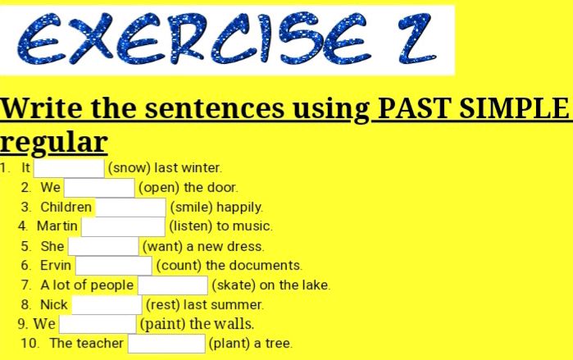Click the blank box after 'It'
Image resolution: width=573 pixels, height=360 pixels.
tap(68, 168)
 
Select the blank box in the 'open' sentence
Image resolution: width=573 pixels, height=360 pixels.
tap(99, 188)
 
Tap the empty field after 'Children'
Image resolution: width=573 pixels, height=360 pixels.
tap(130, 207)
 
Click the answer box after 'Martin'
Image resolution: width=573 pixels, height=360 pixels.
tap(123, 226)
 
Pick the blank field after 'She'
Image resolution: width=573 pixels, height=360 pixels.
tap(103, 246)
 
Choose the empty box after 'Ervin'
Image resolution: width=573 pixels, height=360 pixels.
tap(113, 266)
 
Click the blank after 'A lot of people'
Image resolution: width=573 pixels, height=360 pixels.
tap(172, 285)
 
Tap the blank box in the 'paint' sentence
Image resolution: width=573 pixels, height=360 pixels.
tap(97, 324)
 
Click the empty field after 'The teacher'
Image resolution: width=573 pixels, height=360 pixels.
tap(166, 344)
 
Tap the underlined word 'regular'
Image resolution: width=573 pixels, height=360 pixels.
tap(54, 141)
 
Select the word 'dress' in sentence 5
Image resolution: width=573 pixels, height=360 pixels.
tap(245, 246)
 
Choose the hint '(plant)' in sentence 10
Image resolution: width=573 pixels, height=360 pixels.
tap(228, 344)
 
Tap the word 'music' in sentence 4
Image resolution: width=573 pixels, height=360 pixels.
tap(252, 226)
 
